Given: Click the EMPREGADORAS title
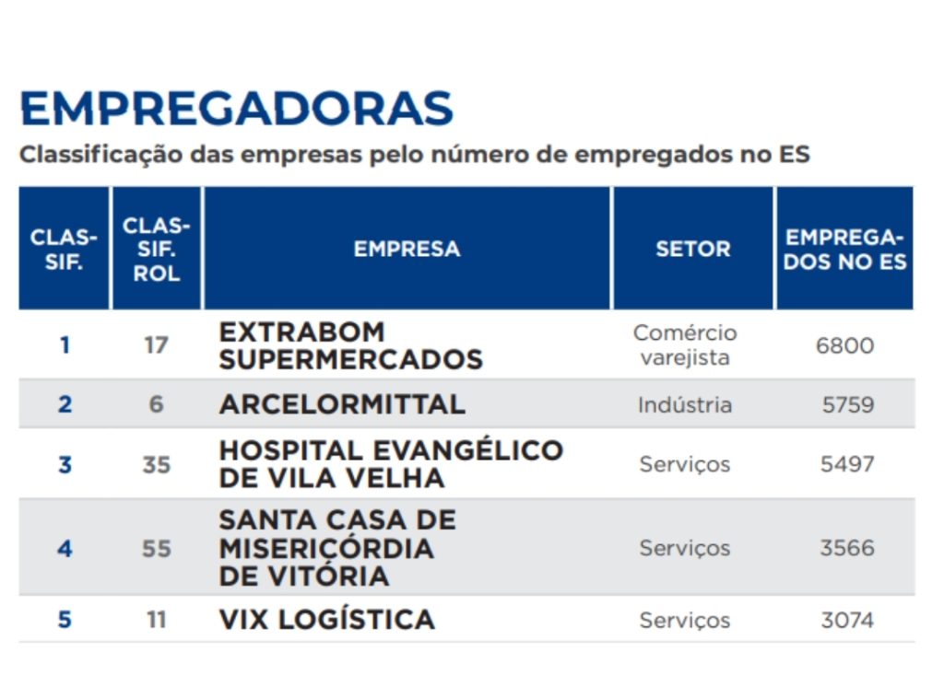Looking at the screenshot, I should tap(236, 109).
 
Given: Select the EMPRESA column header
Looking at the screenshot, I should tap(407, 249).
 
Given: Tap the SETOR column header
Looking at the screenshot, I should tap(692, 249).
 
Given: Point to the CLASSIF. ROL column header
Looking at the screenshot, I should tap(156, 249).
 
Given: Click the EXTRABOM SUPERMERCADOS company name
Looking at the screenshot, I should tap(350, 345).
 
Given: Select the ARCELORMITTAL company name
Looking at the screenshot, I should tap(342, 404).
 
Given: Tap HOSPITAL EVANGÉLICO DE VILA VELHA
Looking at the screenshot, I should tap(390, 464).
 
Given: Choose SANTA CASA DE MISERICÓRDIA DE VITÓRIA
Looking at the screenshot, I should tap(337, 548).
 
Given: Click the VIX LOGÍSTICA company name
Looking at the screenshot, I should tap(326, 620).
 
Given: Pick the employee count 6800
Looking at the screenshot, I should tap(844, 346).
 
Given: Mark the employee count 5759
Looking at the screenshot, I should tap(847, 404).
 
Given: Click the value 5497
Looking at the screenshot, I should tap(847, 464).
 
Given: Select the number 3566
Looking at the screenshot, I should tap(847, 548).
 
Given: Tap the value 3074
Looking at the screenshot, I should tap(847, 620).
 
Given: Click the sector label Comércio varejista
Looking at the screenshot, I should tap(685, 345).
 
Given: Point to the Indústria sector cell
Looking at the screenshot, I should tap(685, 404).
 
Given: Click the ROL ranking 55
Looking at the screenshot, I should tap(156, 548).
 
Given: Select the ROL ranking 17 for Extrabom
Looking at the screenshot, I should tap(156, 346).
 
